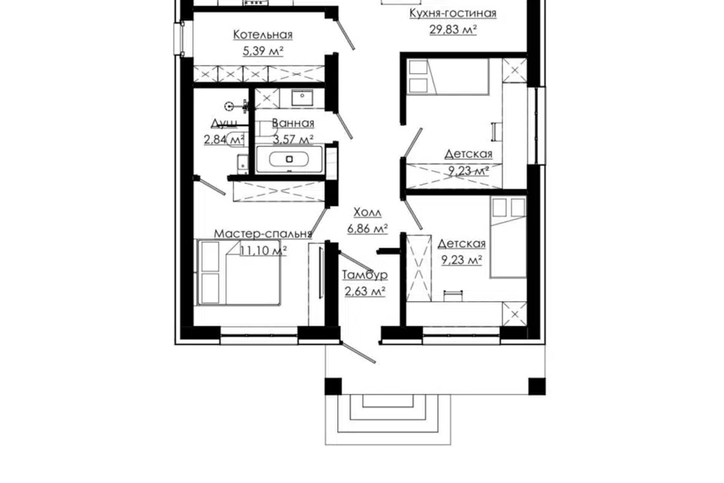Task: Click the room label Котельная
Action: pyautogui.click(x=262, y=35)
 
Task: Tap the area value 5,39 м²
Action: pyautogui.click(x=262, y=51)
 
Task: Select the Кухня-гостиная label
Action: pyautogui.click(x=453, y=13)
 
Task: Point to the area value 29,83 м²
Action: pyautogui.click(x=453, y=29)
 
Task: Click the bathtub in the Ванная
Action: pyautogui.click(x=290, y=159)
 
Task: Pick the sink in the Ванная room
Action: pyautogui.click(x=302, y=97)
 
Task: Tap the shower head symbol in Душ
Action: pyautogui.click(x=229, y=106)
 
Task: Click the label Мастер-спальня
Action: pyautogui.click(x=262, y=234)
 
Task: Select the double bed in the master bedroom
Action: pyautogui.click(x=239, y=272)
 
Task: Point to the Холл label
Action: pyautogui.click(x=367, y=213)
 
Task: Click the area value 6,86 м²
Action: pyautogui.click(x=367, y=229)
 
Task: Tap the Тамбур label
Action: pyautogui.click(x=365, y=275)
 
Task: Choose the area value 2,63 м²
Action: pyautogui.click(x=365, y=291)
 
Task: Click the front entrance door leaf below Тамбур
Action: pyautogui.click(x=357, y=352)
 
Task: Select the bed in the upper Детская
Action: pyautogui.click(x=448, y=77)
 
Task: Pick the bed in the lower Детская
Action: pyautogui.click(x=508, y=238)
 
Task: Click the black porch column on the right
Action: pyautogui.click(x=536, y=386)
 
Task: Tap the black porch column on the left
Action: pyautogui.click(x=333, y=386)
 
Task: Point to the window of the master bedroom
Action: pyautogui.click(x=259, y=336)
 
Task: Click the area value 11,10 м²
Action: pyautogui.click(x=264, y=251)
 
